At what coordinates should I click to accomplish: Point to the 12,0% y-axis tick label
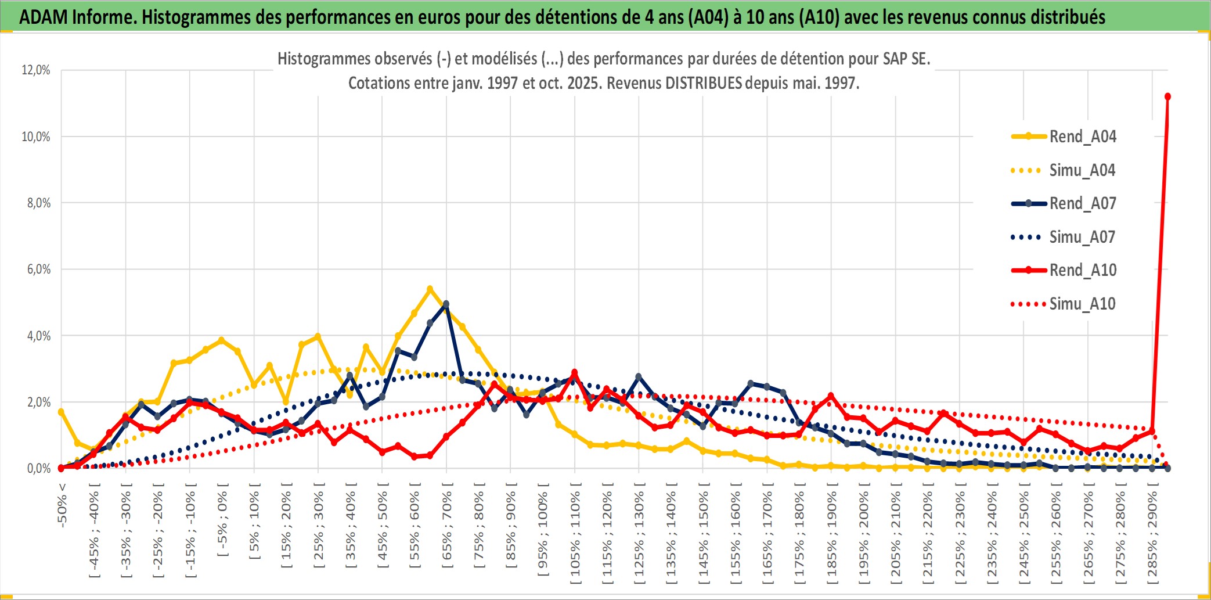click(36, 70)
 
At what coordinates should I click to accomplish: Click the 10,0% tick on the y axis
click(36, 137)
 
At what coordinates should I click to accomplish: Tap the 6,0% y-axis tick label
click(38, 270)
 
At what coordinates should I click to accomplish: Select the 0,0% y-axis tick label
click(38, 468)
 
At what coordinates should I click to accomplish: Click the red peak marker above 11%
click(1167, 96)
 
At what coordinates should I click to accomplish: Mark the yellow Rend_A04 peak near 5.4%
click(430, 289)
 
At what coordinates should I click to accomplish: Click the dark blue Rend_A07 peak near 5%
click(446, 304)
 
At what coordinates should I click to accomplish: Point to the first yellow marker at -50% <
click(61, 412)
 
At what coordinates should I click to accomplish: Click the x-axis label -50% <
click(62, 505)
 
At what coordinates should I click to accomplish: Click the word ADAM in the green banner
click(44, 17)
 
